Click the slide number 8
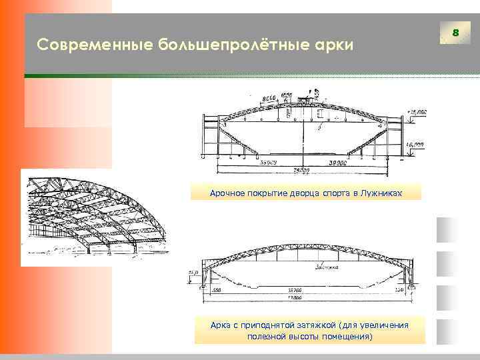click(456, 33)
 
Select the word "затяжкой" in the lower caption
click(314, 325)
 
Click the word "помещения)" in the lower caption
click(345, 337)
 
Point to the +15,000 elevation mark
click(417, 112)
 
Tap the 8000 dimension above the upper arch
click(269, 99)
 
